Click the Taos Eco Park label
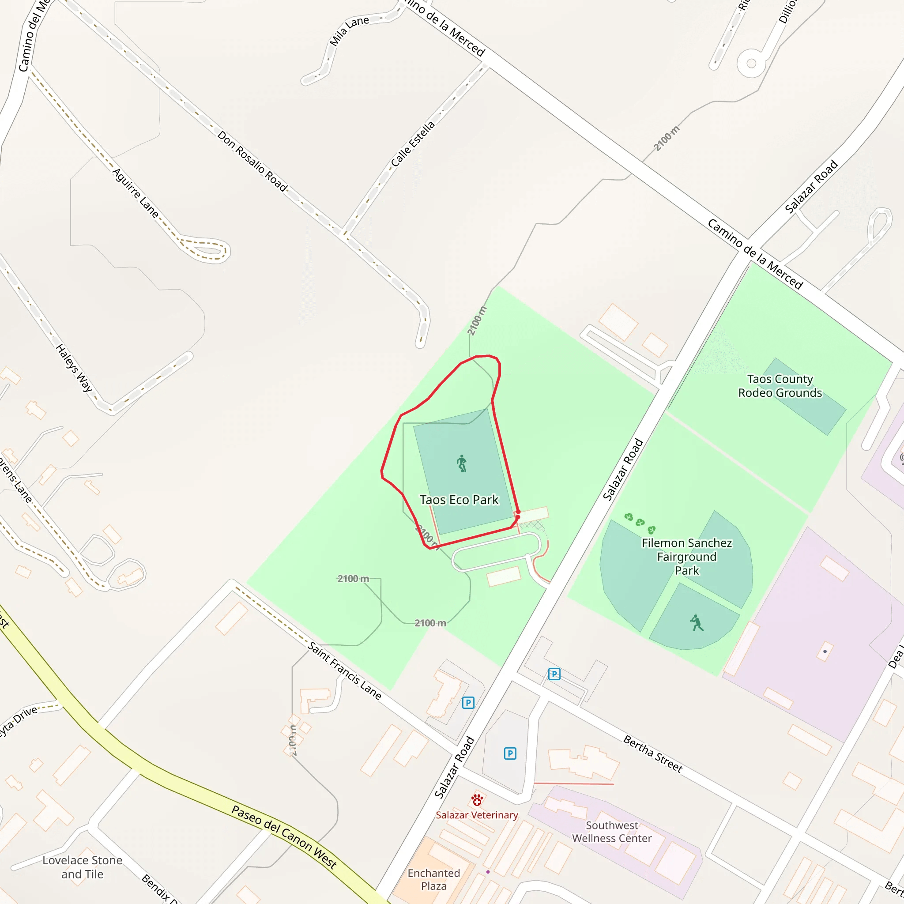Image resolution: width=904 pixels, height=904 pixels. pos(459,500)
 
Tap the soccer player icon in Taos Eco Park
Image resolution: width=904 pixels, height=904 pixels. pos(462,463)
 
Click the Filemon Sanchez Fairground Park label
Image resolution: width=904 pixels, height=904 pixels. pos(686,556)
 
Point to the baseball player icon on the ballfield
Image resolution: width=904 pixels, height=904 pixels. pos(697,623)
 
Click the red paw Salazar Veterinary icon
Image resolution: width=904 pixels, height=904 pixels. pos(477,800)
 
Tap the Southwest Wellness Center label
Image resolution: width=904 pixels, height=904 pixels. pos(611,832)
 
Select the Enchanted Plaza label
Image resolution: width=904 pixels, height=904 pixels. pos(433,879)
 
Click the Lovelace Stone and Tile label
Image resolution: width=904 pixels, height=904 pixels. pos(83,866)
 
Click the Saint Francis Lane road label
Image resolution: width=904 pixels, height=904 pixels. pos(345,671)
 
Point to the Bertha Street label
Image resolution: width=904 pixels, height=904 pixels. pos(653,754)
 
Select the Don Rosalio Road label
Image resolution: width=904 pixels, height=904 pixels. pos(252,161)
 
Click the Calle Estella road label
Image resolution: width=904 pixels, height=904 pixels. pos(413,143)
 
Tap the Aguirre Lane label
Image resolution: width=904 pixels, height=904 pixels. pos(136,193)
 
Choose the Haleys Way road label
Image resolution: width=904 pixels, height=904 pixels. pos(74,368)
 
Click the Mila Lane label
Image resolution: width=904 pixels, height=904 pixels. pos(349,31)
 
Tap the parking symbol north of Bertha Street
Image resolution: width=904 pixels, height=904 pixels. pos(554,674)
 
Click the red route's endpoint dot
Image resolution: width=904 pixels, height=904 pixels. pos(518,512)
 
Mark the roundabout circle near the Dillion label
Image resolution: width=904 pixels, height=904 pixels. pos(751,63)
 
